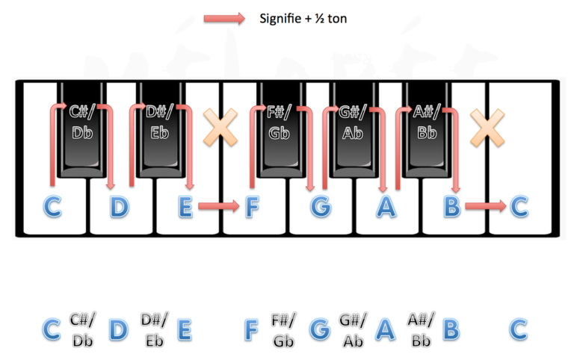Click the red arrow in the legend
[224, 19]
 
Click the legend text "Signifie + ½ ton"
[303, 19]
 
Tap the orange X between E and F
[220, 127]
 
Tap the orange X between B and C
[487, 128]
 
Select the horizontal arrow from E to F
[219, 206]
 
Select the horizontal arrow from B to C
[486, 206]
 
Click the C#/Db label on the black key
[82, 122]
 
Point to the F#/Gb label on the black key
[280, 122]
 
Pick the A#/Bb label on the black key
[427, 122]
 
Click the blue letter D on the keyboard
[120, 207]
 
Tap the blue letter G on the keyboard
[321, 207]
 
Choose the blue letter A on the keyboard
[386, 207]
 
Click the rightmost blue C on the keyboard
[519, 207]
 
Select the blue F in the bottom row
[251, 329]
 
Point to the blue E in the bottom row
[185, 329]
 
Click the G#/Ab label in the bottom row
[352, 330]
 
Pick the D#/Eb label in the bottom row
[155, 330]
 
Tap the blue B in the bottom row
[451, 329]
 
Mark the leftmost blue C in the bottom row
[52, 329]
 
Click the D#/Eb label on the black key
[159, 122]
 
